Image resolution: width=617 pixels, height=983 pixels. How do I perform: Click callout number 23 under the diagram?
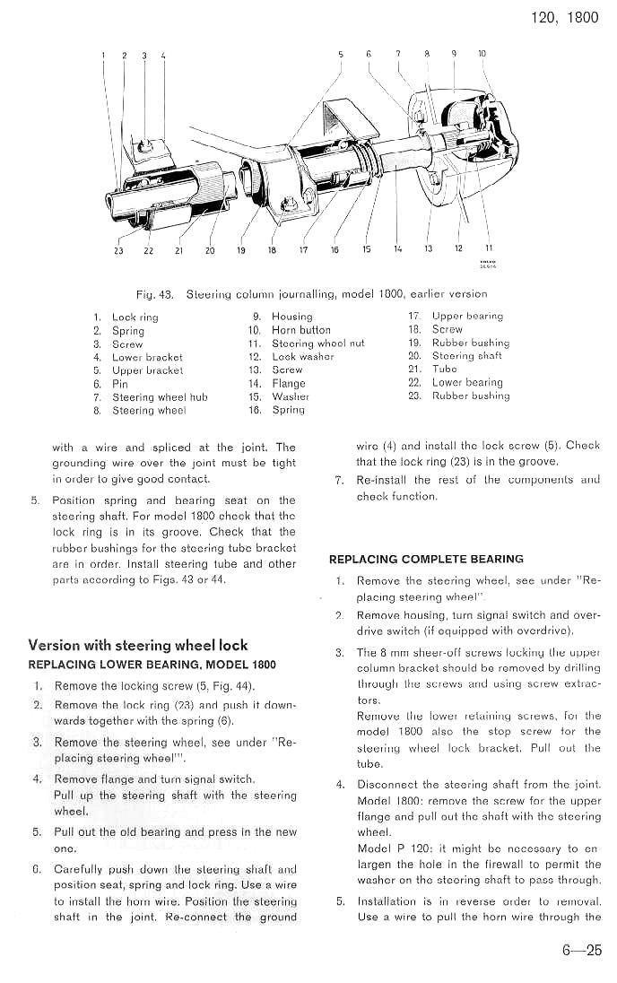click(x=118, y=250)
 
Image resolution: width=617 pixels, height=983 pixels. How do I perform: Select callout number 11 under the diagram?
click(x=489, y=248)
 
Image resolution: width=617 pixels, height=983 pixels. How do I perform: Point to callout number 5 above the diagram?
click(x=341, y=55)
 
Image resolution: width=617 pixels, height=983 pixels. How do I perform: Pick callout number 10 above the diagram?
click(x=482, y=54)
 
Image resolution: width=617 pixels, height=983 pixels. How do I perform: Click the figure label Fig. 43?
click(x=153, y=293)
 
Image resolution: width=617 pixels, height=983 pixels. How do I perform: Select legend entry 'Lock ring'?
click(x=135, y=318)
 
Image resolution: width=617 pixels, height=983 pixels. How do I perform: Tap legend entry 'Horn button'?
click(x=300, y=330)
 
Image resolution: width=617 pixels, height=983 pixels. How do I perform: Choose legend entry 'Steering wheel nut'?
click(x=317, y=344)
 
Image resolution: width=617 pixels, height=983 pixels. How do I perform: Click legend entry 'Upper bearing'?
click(x=467, y=316)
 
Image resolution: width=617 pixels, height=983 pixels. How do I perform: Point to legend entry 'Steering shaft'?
click(x=466, y=356)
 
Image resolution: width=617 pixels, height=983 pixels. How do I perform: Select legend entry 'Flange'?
click(x=289, y=383)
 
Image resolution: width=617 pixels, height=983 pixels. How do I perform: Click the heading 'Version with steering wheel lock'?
click(x=138, y=645)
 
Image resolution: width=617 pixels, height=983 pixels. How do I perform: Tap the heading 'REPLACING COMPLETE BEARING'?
click(x=426, y=559)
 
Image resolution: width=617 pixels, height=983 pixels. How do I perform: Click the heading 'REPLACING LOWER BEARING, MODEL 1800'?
click(x=152, y=665)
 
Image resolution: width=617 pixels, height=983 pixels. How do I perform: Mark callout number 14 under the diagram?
click(x=397, y=249)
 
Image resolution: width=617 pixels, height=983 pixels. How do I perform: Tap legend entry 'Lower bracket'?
click(x=147, y=357)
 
